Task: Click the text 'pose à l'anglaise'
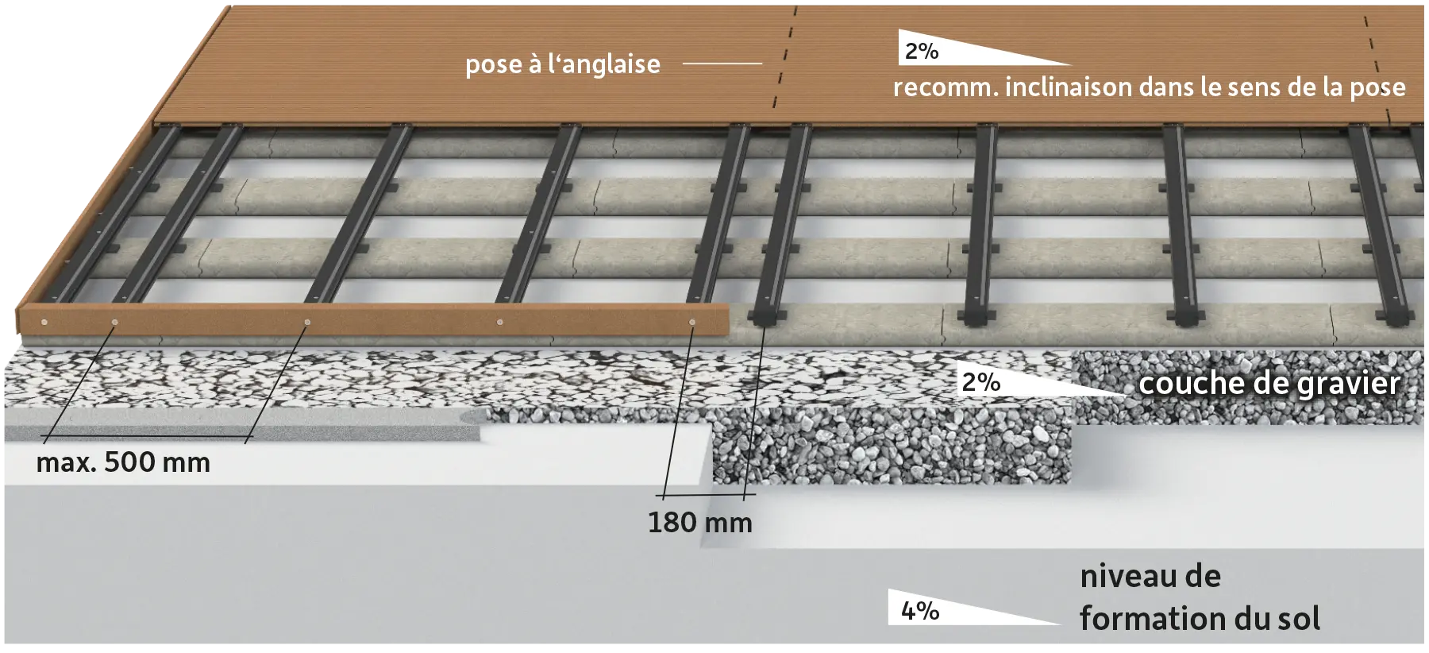point(562,64)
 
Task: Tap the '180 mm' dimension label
point(699,523)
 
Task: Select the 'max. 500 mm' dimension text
point(123,462)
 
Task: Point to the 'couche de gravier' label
point(1269,384)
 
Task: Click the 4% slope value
point(920,611)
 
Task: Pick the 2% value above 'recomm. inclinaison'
point(921,52)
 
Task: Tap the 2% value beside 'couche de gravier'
point(980,382)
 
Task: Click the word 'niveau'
point(1127,576)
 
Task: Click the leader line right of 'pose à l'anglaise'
point(722,63)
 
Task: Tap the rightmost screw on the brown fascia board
point(692,322)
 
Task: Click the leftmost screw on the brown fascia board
point(44,322)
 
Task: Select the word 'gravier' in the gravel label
point(1348,384)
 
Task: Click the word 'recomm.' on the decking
point(946,88)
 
